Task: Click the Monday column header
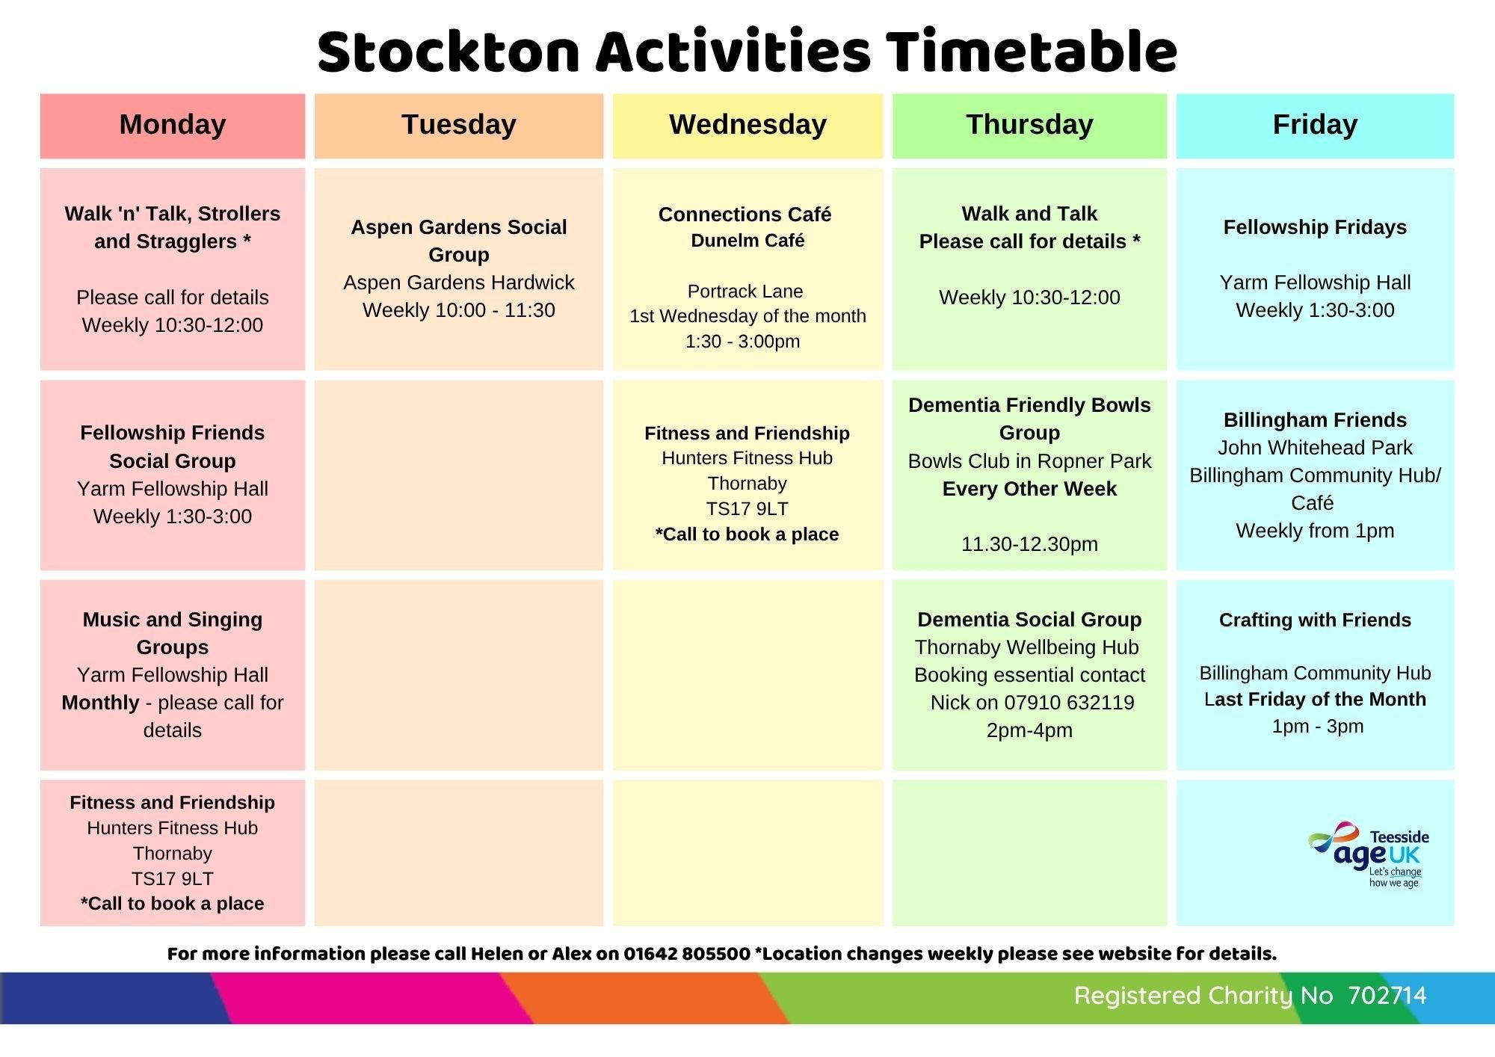[173, 126]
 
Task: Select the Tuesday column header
[459, 126]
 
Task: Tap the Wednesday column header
[747, 126]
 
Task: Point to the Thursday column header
[1029, 126]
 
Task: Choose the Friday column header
[1316, 126]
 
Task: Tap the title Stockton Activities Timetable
[747, 52]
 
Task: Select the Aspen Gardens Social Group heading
[459, 241]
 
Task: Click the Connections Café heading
[745, 215]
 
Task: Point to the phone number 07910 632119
[1069, 703]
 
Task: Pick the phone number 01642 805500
[687, 954]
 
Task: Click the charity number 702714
[1387, 996]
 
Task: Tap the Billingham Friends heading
[1315, 420]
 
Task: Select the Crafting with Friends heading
[1315, 620]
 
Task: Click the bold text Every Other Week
[1029, 489]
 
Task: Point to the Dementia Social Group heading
[1029, 620]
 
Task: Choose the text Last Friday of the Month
[1315, 700]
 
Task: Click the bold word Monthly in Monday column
[100, 703]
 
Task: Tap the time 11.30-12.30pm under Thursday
[1029, 544]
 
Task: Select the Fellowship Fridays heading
[1315, 227]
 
